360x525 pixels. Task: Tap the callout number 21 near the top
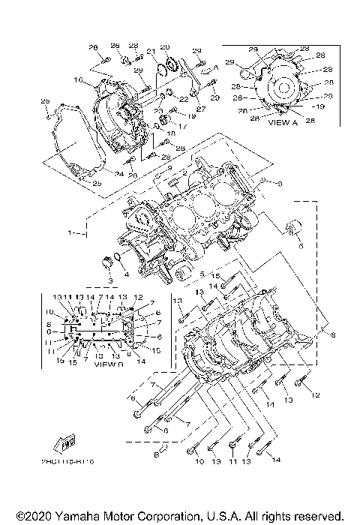pos(150,52)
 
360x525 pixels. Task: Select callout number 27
pos(200,109)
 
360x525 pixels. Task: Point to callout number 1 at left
pos(71,233)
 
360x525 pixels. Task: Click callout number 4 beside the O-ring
pos(126,274)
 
